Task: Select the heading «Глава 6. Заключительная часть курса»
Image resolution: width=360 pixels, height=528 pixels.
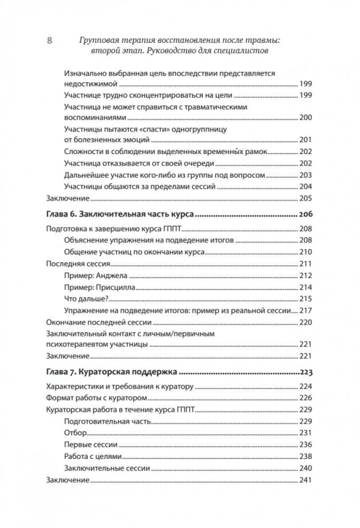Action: coord(121,214)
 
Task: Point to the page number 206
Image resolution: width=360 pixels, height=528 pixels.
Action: coord(306,214)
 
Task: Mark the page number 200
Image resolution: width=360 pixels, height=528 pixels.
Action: coord(306,118)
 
